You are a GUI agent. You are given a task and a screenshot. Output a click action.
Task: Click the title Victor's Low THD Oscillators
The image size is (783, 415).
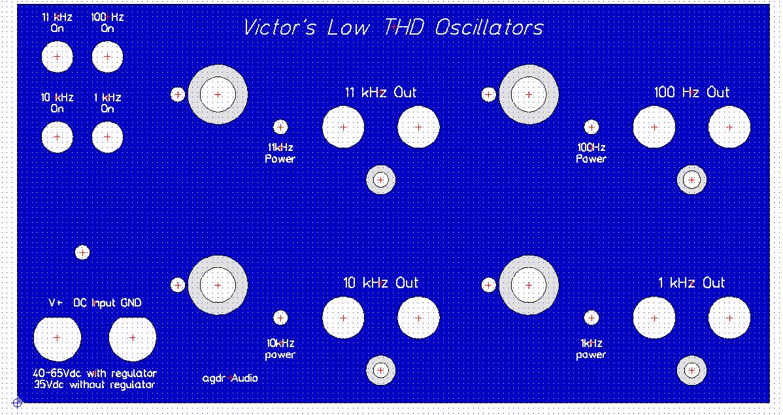tap(393, 28)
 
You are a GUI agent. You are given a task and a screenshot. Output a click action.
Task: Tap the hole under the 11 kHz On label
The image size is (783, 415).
tap(57, 56)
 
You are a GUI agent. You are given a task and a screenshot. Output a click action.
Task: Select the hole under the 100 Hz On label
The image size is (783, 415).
tap(107, 56)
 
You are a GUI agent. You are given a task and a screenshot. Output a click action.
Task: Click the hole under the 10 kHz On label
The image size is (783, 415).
tap(57, 137)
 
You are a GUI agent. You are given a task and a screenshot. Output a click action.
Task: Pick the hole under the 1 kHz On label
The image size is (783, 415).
tap(107, 137)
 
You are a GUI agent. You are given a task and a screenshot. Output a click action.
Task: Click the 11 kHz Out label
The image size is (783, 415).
tap(380, 92)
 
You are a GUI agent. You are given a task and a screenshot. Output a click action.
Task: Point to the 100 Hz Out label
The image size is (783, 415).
tap(691, 92)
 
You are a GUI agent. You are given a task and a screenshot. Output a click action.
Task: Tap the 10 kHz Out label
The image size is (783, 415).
tap(380, 283)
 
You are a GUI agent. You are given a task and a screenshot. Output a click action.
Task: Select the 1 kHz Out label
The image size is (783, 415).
tap(691, 283)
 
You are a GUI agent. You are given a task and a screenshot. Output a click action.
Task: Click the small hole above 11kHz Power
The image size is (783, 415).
tap(280, 127)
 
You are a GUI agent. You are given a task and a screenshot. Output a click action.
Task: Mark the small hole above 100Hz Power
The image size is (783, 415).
tap(591, 127)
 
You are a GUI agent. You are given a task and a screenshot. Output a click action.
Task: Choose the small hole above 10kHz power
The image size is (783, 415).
tap(280, 318)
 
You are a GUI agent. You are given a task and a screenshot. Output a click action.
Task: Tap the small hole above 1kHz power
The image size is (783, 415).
tap(591, 318)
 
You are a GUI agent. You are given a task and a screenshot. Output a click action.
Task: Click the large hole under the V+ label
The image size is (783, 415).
tap(57, 338)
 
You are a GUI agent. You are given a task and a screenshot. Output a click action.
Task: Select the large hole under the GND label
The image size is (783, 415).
tap(132, 338)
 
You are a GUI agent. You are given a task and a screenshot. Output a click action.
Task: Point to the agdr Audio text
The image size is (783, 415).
tap(230, 378)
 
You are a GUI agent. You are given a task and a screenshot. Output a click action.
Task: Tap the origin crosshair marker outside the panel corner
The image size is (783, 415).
tap(17, 403)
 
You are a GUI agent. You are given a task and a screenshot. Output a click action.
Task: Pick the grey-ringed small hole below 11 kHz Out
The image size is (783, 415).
tap(380, 179)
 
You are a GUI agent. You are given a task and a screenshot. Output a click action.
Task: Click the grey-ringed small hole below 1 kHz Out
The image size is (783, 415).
tap(691, 371)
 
